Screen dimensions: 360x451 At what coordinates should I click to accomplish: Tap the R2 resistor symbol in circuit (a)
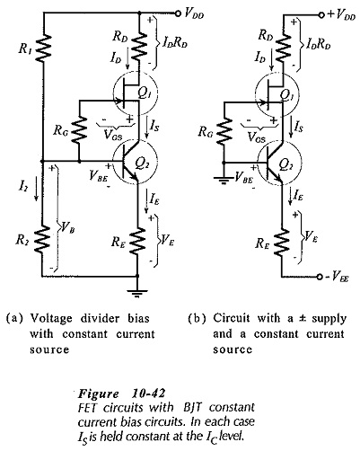click(x=43, y=238)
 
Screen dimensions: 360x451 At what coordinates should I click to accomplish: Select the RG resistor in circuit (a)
click(x=79, y=129)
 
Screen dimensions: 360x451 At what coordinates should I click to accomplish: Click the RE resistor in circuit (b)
click(x=282, y=243)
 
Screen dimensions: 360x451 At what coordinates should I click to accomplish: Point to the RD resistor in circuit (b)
click(x=283, y=44)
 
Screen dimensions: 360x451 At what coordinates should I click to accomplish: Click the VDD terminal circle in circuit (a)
click(x=179, y=13)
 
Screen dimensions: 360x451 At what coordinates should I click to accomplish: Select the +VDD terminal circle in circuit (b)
click(x=321, y=14)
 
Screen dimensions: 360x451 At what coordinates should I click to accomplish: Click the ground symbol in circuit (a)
click(x=137, y=293)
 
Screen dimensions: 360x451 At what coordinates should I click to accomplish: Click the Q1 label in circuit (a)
click(x=145, y=93)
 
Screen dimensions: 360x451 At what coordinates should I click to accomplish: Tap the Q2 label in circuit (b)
click(x=286, y=164)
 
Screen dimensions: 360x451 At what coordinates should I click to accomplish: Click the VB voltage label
click(x=68, y=228)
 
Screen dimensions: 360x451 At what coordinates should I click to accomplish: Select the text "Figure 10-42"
click(x=121, y=394)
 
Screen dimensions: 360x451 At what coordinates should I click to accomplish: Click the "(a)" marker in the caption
click(x=14, y=318)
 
